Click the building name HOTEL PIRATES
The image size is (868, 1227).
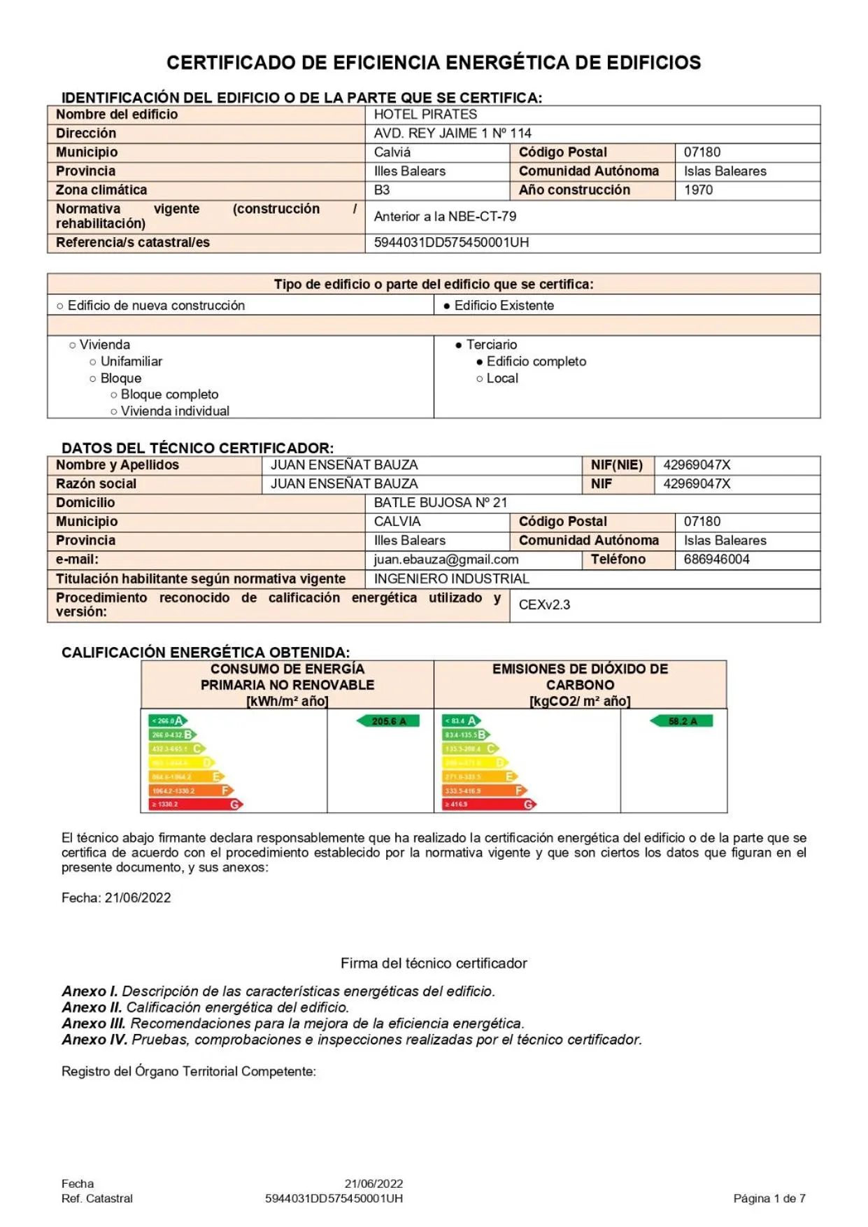click(x=425, y=115)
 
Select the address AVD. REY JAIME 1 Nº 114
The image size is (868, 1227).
click(x=453, y=134)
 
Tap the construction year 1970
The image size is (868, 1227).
click(x=698, y=190)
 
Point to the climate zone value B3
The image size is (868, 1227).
click(x=382, y=190)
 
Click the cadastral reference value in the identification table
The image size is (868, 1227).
click(x=451, y=243)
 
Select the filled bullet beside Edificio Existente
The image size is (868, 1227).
click(x=447, y=306)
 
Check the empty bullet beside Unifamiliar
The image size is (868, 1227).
click(x=93, y=362)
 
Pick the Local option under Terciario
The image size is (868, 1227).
click(x=501, y=378)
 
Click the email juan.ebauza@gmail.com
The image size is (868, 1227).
click(x=446, y=560)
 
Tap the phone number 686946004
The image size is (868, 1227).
click(x=716, y=560)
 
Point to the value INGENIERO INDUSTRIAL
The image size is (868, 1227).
click(x=451, y=579)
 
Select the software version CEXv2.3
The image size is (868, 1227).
click(x=544, y=605)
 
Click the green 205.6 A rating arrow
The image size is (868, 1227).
click(x=388, y=721)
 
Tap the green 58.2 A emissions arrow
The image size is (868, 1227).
click(x=681, y=721)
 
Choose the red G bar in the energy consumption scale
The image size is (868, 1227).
click(x=196, y=804)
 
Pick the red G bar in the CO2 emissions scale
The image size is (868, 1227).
click(x=490, y=804)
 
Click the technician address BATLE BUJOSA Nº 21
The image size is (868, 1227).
click(x=441, y=503)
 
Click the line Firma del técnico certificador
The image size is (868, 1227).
click(x=434, y=964)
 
